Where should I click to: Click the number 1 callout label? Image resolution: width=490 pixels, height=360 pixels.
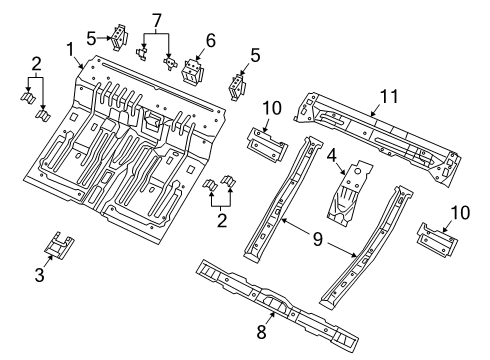coord(70,48)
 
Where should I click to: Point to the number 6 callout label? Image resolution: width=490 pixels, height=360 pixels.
coord(209,41)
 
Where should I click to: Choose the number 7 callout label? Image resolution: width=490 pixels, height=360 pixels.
coord(155,19)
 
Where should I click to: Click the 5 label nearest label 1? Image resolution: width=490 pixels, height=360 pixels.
coord(91,39)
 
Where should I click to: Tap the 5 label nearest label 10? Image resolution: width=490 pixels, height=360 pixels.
coord(254,57)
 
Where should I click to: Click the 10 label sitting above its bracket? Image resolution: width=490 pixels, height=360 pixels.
coord(270,108)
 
